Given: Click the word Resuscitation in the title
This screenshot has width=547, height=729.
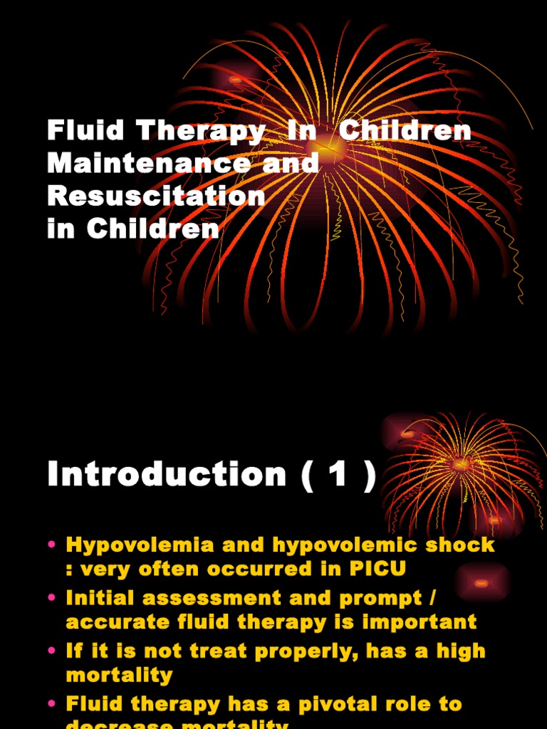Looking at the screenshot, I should (x=156, y=196).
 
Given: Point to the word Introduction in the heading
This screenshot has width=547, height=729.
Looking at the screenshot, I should (x=167, y=474).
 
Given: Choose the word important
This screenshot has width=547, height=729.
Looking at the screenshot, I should (x=417, y=623).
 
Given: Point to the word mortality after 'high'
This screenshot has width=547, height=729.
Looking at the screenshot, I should (x=119, y=675).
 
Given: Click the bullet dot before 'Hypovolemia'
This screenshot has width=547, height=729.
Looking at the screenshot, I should (x=51, y=546).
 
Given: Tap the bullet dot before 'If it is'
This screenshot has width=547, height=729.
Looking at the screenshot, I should (x=51, y=651).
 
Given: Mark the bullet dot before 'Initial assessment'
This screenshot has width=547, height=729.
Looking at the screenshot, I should (x=51, y=599).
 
